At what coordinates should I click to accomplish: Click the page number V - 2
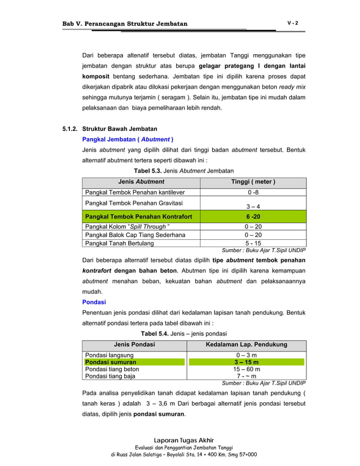click(x=292, y=23)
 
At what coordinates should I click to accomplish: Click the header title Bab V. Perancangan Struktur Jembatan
click(x=125, y=24)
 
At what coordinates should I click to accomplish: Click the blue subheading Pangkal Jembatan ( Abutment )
click(x=128, y=139)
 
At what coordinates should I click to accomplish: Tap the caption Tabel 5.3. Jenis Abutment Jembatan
click(x=183, y=170)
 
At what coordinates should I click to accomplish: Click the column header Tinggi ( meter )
click(x=253, y=182)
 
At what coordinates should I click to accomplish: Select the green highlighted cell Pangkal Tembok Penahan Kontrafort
click(x=138, y=217)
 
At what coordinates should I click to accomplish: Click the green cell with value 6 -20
click(x=253, y=217)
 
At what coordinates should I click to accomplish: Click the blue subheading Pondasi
click(x=94, y=302)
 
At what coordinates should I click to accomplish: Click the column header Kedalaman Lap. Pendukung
click(x=247, y=344)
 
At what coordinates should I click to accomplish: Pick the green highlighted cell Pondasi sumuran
click(x=111, y=362)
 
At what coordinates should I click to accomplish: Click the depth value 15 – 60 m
click(x=247, y=369)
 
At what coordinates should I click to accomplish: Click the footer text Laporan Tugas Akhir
click(x=183, y=440)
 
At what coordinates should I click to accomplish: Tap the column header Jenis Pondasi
click(x=134, y=344)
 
